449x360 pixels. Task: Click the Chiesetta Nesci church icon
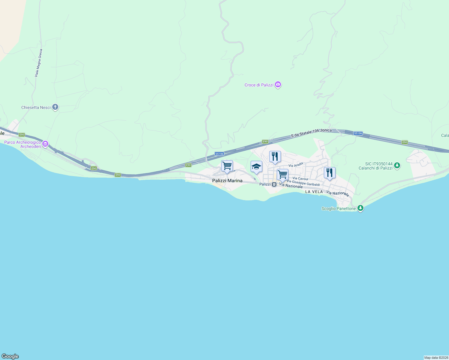tap(55, 107)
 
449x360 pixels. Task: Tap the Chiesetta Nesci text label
tap(36, 107)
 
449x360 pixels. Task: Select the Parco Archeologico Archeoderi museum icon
tap(45, 144)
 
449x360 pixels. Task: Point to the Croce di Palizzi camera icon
tap(278, 85)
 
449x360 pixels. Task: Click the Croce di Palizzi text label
tap(259, 85)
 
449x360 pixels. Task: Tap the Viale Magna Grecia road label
tap(38, 63)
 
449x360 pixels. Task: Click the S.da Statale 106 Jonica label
tap(311, 133)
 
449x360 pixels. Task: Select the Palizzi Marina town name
tap(227, 181)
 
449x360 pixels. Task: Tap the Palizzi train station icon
tap(274, 184)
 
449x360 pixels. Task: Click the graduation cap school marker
tap(256, 167)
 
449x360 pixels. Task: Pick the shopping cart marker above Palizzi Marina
tap(227, 166)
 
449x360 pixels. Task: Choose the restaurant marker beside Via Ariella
tap(275, 157)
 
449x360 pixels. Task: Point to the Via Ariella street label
tap(296, 165)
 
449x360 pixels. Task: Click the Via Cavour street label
tap(300, 178)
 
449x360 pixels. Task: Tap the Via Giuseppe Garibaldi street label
tap(303, 183)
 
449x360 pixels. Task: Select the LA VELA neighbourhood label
tap(314, 192)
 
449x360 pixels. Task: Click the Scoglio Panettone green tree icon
tap(360, 208)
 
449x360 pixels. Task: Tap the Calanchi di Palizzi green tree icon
tap(397, 165)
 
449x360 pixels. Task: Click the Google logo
tap(10, 356)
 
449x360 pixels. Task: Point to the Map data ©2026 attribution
tap(436, 358)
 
